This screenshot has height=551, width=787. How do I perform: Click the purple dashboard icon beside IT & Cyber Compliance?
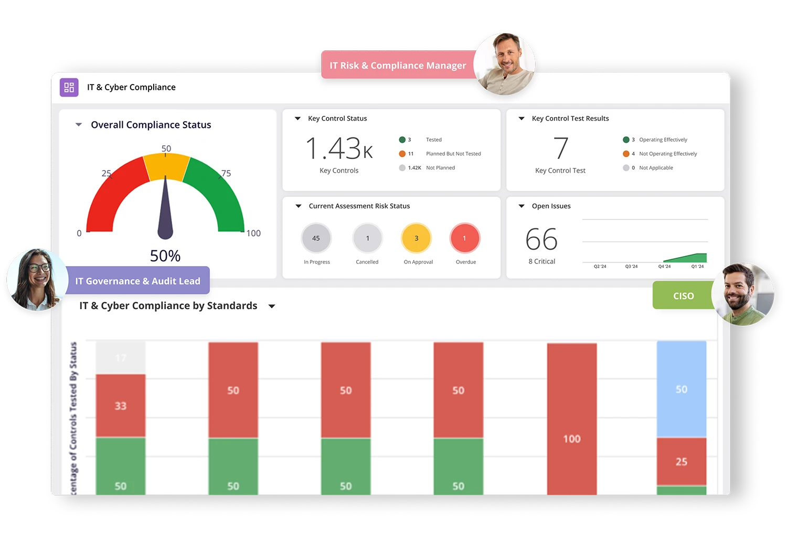click(69, 87)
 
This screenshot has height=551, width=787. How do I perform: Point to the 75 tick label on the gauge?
click(226, 173)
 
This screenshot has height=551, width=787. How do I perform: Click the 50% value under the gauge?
click(165, 256)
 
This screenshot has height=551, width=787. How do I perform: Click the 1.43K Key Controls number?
click(339, 149)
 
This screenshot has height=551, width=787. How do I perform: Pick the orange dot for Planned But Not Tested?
click(402, 154)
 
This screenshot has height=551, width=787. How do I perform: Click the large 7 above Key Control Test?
click(561, 148)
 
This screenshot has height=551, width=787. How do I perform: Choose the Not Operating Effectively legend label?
click(668, 154)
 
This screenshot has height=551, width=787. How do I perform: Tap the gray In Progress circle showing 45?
click(316, 238)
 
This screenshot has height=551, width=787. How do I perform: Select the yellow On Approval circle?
click(417, 238)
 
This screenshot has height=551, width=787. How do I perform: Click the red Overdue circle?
click(464, 238)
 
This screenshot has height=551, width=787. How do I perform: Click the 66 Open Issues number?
click(541, 240)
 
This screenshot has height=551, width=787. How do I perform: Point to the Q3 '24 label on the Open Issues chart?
click(631, 267)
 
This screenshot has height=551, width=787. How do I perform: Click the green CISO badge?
click(683, 296)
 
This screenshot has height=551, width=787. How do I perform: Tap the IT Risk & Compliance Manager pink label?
click(397, 66)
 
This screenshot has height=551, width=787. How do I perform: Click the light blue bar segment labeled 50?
click(681, 389)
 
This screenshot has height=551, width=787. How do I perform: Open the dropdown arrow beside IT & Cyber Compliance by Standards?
click(272, 306)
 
